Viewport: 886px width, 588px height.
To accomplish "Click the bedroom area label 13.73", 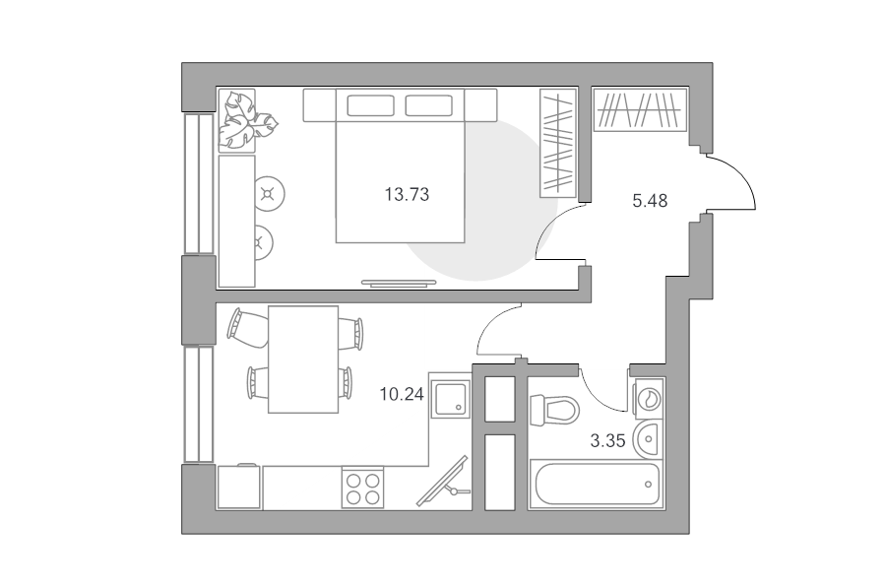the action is [x=407, y=194].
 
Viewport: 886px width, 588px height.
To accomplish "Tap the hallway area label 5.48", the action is [x=650, y=201].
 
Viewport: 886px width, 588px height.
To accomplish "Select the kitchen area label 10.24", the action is [x=402, y=394].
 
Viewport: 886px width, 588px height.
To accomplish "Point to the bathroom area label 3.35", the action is [x=608, y=440].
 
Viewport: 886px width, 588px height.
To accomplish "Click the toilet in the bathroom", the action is [x=555, y=409].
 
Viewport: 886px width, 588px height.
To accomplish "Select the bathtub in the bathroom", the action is [x=596, y=484].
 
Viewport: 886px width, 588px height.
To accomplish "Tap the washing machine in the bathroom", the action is [x=650, y=398].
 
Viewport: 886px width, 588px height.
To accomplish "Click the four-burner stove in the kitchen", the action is [x=362, y=488].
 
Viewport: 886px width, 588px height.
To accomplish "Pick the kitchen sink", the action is [x=450, y=399].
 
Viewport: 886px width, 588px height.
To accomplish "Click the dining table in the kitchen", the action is [x=303, y=359].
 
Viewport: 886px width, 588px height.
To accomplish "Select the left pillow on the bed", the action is [x=371, y=105].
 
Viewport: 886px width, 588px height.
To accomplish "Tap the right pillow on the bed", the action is [x=429, y=105].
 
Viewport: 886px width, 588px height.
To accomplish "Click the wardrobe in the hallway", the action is [x=640, y=109].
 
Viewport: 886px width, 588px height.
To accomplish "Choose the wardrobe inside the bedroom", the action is [x=558, y=143].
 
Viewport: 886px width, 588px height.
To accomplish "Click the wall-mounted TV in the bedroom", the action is [x=399, y=284].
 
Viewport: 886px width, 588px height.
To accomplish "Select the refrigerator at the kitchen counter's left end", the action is [x=239, y=487].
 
